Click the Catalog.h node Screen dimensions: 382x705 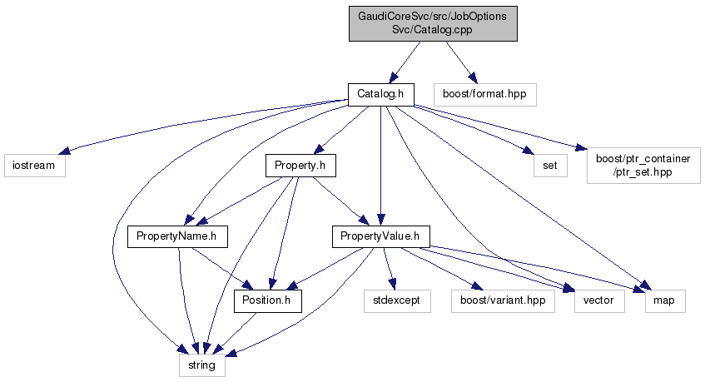coord(380,94)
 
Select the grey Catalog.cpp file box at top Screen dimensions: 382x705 coord(433,23)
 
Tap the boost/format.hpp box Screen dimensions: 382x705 coord(484,94)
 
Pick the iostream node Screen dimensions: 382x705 coord(33,165)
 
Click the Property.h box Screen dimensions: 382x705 coord(300,165)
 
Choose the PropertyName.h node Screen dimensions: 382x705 coord(177,237)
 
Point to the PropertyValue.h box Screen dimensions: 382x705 coord(380,237)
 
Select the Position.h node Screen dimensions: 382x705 coord(267,300)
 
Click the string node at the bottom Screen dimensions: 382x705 coord(201,365)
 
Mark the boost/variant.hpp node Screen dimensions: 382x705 coord(503,300)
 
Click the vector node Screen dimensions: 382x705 coord(599,300)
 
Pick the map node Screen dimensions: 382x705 coord(665,300)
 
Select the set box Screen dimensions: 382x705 coord(550,165)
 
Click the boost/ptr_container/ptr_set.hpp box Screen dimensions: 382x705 coord(639,165)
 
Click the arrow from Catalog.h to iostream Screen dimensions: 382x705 coord(200,127)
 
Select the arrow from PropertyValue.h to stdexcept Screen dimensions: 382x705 coord(389,269)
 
